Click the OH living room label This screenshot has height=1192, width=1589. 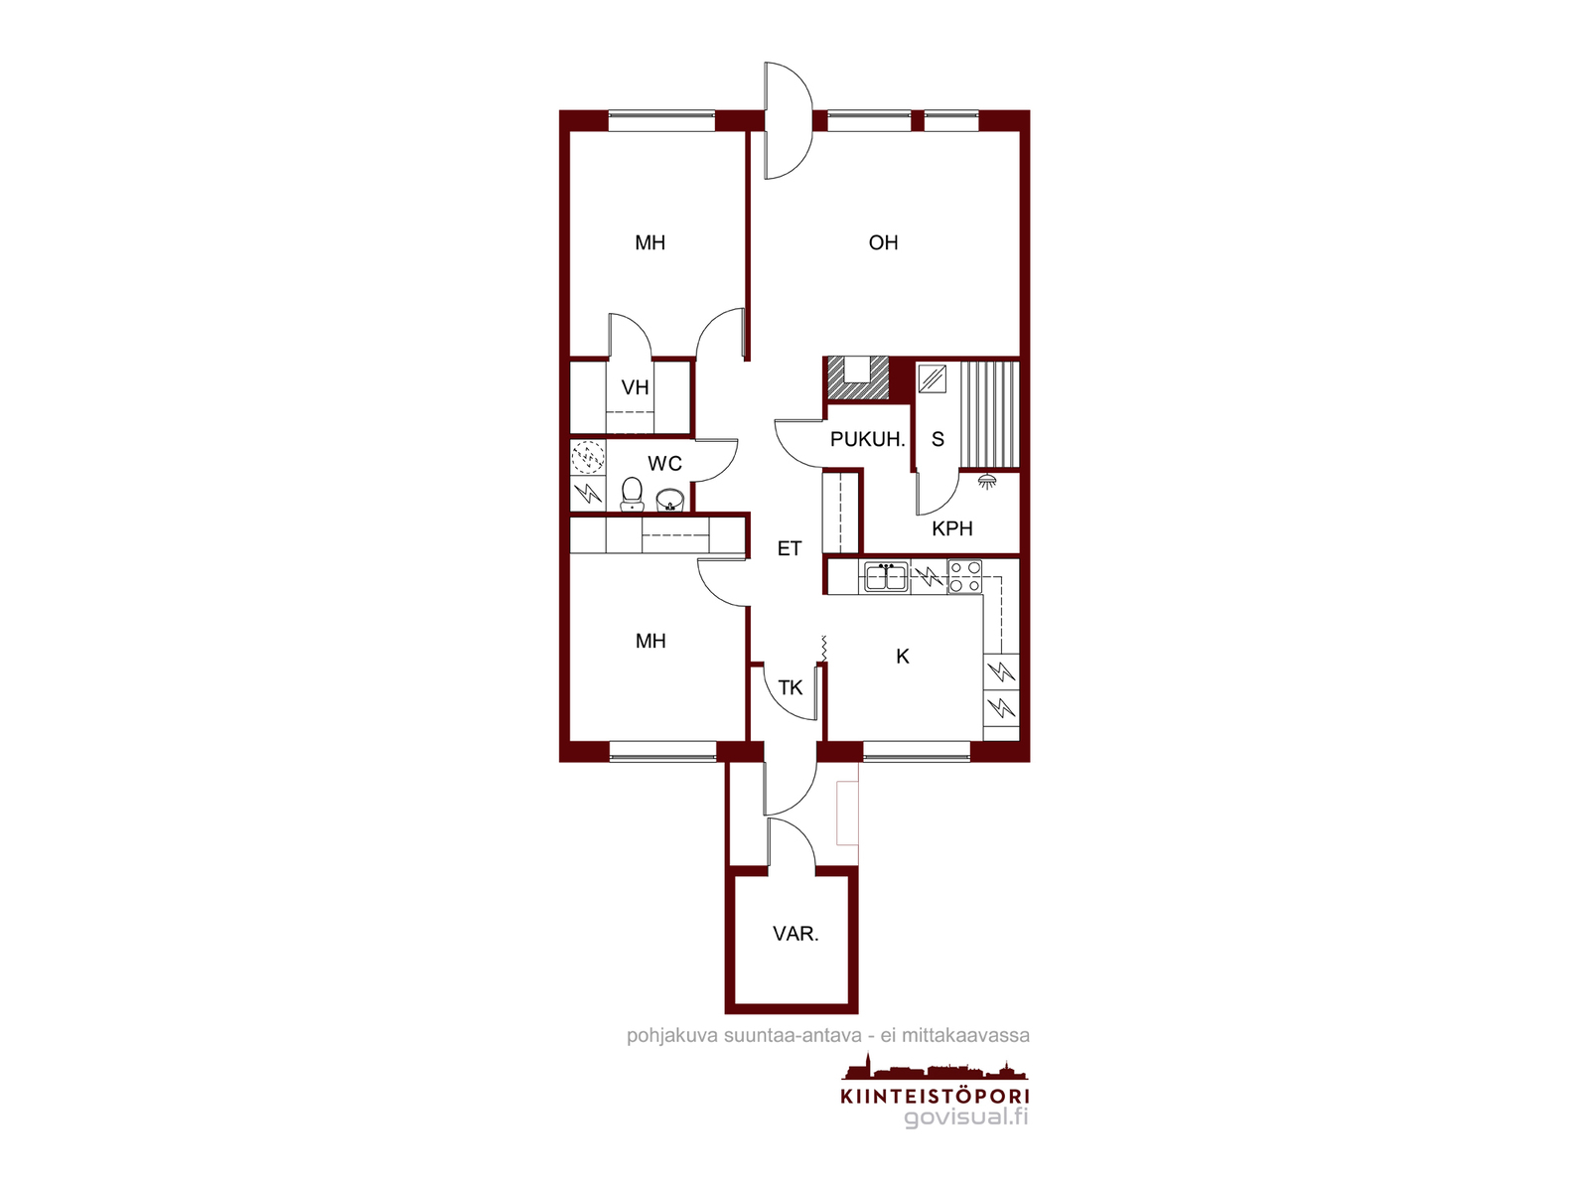(x=883, y=242)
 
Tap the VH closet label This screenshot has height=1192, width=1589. (x=635, y=387)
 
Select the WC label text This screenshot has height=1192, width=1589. (x=664, y=463)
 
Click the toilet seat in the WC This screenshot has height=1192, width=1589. (x=632, y=494)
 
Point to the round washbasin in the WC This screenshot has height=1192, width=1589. (x=670, y=500)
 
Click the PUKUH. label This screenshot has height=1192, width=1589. (x=867, y=439)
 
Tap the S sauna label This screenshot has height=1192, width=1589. (x=938, y=439)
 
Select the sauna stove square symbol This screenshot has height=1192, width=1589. (x=932, y=378)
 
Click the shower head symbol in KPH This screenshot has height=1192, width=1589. (x=985, y=480)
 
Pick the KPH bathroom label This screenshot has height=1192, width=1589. (x=952, y=528)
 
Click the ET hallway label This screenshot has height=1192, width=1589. (x=790, y=548)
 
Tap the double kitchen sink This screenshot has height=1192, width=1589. (x=885, y=577)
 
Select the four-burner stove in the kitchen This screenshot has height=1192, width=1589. (x=965, y=577)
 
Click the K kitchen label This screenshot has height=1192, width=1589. (x=902, y=657)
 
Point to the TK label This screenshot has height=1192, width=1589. (x=790, y=687)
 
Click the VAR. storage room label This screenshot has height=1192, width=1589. (x=795, y=934)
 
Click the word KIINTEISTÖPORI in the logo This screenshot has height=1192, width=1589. (x=935, y=1096)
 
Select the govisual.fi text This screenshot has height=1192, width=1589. (x=966, y=1117)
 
